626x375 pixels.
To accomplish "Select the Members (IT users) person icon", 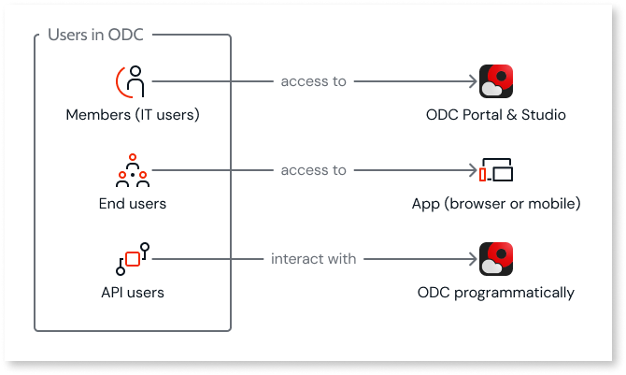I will [133, 81].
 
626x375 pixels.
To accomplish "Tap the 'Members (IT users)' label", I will [133, 116].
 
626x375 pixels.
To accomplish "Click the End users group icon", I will [133, 170].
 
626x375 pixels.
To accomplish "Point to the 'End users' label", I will [133, 204].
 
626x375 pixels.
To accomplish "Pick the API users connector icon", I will [133, 257].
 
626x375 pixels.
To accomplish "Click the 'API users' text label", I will [133, 293].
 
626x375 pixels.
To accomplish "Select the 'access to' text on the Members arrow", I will [313, 81].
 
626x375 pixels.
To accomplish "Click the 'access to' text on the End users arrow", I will [313, 170].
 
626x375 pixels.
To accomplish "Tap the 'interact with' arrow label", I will [313, 258].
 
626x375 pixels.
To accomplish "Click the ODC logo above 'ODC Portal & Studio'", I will [496, 81].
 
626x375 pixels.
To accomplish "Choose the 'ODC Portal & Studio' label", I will [496, 116].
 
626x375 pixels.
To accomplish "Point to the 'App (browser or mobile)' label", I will [496, 204].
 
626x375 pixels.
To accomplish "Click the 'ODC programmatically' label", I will [496, 293].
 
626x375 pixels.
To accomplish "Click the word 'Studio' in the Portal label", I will [544, 116].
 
